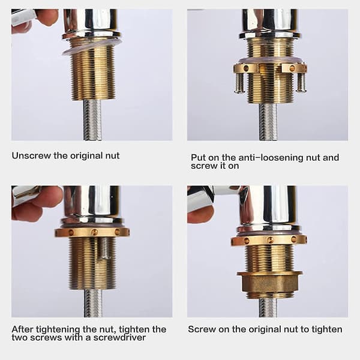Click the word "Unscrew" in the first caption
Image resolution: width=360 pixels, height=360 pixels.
coord(31,155)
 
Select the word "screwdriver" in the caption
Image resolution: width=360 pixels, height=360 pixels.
coord(119,337)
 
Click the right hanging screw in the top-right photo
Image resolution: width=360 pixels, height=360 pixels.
coord(301,82)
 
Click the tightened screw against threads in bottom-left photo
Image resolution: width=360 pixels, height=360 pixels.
coord(106,248)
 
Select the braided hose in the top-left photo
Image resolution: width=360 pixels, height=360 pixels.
coord(92,120)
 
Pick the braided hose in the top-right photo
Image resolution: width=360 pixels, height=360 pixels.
coord(268,122)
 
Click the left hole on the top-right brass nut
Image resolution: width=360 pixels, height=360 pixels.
coord(246,68)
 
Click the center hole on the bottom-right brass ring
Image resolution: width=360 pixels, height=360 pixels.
coord(271,241)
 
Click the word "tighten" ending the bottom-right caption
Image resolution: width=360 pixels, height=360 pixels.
coord(327,329)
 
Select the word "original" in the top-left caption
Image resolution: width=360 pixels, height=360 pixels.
coord(87,155)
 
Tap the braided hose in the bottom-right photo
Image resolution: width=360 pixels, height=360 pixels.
coord(268,307)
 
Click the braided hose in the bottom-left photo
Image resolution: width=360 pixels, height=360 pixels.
coord(94,303)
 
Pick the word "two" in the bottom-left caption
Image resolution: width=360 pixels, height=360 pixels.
coord(20,337)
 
